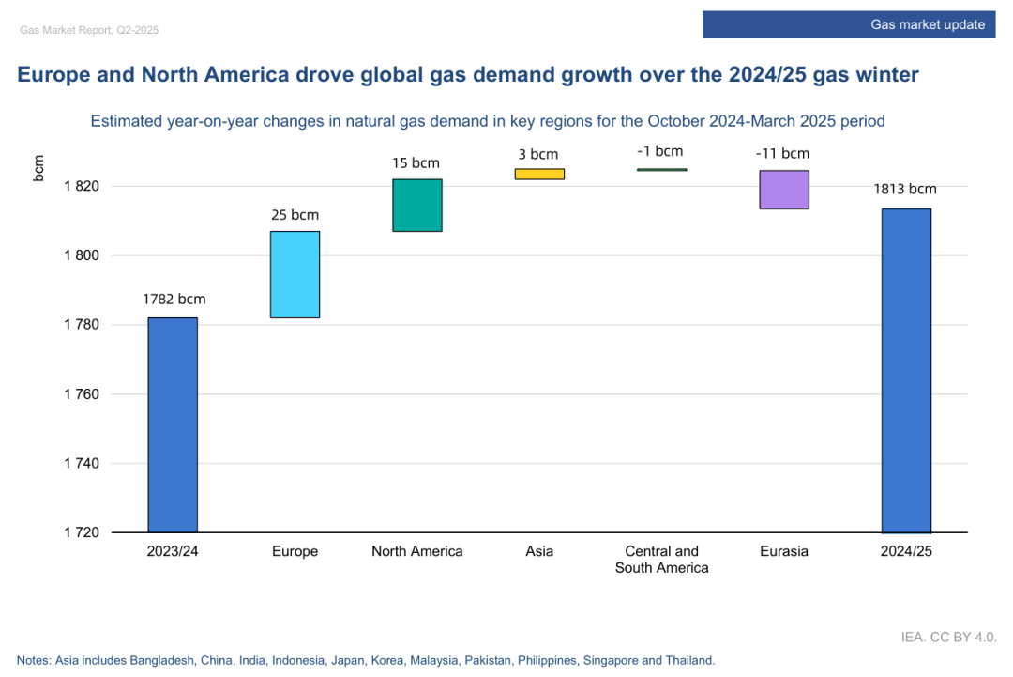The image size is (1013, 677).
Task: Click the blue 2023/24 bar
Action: coord(173,424)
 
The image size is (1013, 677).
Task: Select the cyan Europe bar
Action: coord(295,274)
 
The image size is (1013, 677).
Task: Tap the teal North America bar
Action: coord(417,205)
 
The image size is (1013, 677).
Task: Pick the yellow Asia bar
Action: coord(539,174)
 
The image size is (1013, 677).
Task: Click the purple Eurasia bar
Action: coord(784,189)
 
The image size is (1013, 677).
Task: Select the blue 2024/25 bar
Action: coord(906,370)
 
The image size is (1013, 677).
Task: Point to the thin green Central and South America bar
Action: coord(662,170)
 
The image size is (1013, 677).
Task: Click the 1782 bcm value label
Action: coord(174,300)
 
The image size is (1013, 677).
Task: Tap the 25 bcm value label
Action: coord(295,215)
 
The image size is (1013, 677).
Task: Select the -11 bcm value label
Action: coord(782,153)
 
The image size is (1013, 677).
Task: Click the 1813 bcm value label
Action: coord(905,189)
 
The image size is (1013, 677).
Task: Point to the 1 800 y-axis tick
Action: coord(82,255)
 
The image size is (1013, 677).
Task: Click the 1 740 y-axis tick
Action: coord(82,464)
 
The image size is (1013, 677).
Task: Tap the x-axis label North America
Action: coord(417,551)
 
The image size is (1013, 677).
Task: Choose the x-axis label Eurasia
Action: coord(784,551)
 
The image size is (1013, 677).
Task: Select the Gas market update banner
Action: coord(850,24)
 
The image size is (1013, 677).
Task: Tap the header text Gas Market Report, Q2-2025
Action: coord(89,30)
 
